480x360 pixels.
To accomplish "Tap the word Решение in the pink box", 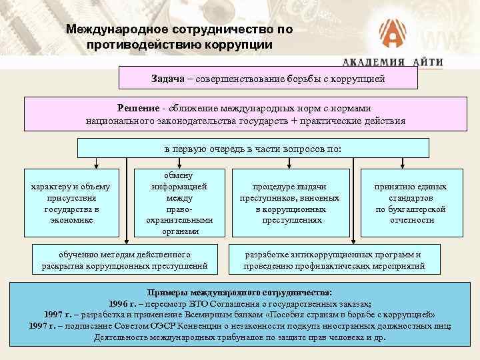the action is click(137, 108).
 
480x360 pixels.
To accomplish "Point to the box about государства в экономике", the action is click(71, 203).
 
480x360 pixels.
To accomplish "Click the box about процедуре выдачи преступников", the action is click(289, 203).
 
